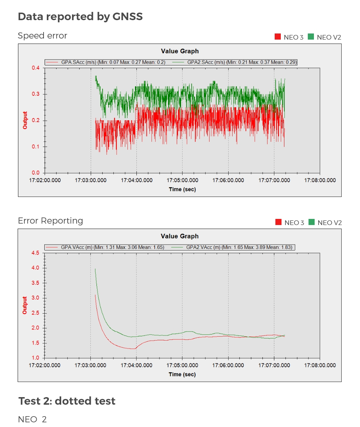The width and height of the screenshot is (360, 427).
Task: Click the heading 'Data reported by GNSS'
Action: [80, 17]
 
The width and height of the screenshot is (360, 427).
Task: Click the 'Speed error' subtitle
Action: [42, 36]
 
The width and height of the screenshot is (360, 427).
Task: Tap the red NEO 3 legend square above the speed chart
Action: [278, 37]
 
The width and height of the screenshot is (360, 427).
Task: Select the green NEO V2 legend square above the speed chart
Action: [311, 37]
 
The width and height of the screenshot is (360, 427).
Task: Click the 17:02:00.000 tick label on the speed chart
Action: [45, 180]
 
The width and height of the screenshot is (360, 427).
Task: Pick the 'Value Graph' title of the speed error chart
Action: [180, 51]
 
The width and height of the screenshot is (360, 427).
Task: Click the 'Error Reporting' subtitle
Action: [50, 221]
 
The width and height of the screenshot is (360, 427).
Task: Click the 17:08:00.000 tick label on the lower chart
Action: [320, 365]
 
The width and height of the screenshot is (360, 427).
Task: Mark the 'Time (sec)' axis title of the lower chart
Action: [182, 374]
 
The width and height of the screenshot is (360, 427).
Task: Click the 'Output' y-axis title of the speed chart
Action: [25, 120]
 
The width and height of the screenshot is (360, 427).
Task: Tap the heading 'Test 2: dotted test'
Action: [67, 401]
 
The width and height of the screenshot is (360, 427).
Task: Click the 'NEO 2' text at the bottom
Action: [32, 419]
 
